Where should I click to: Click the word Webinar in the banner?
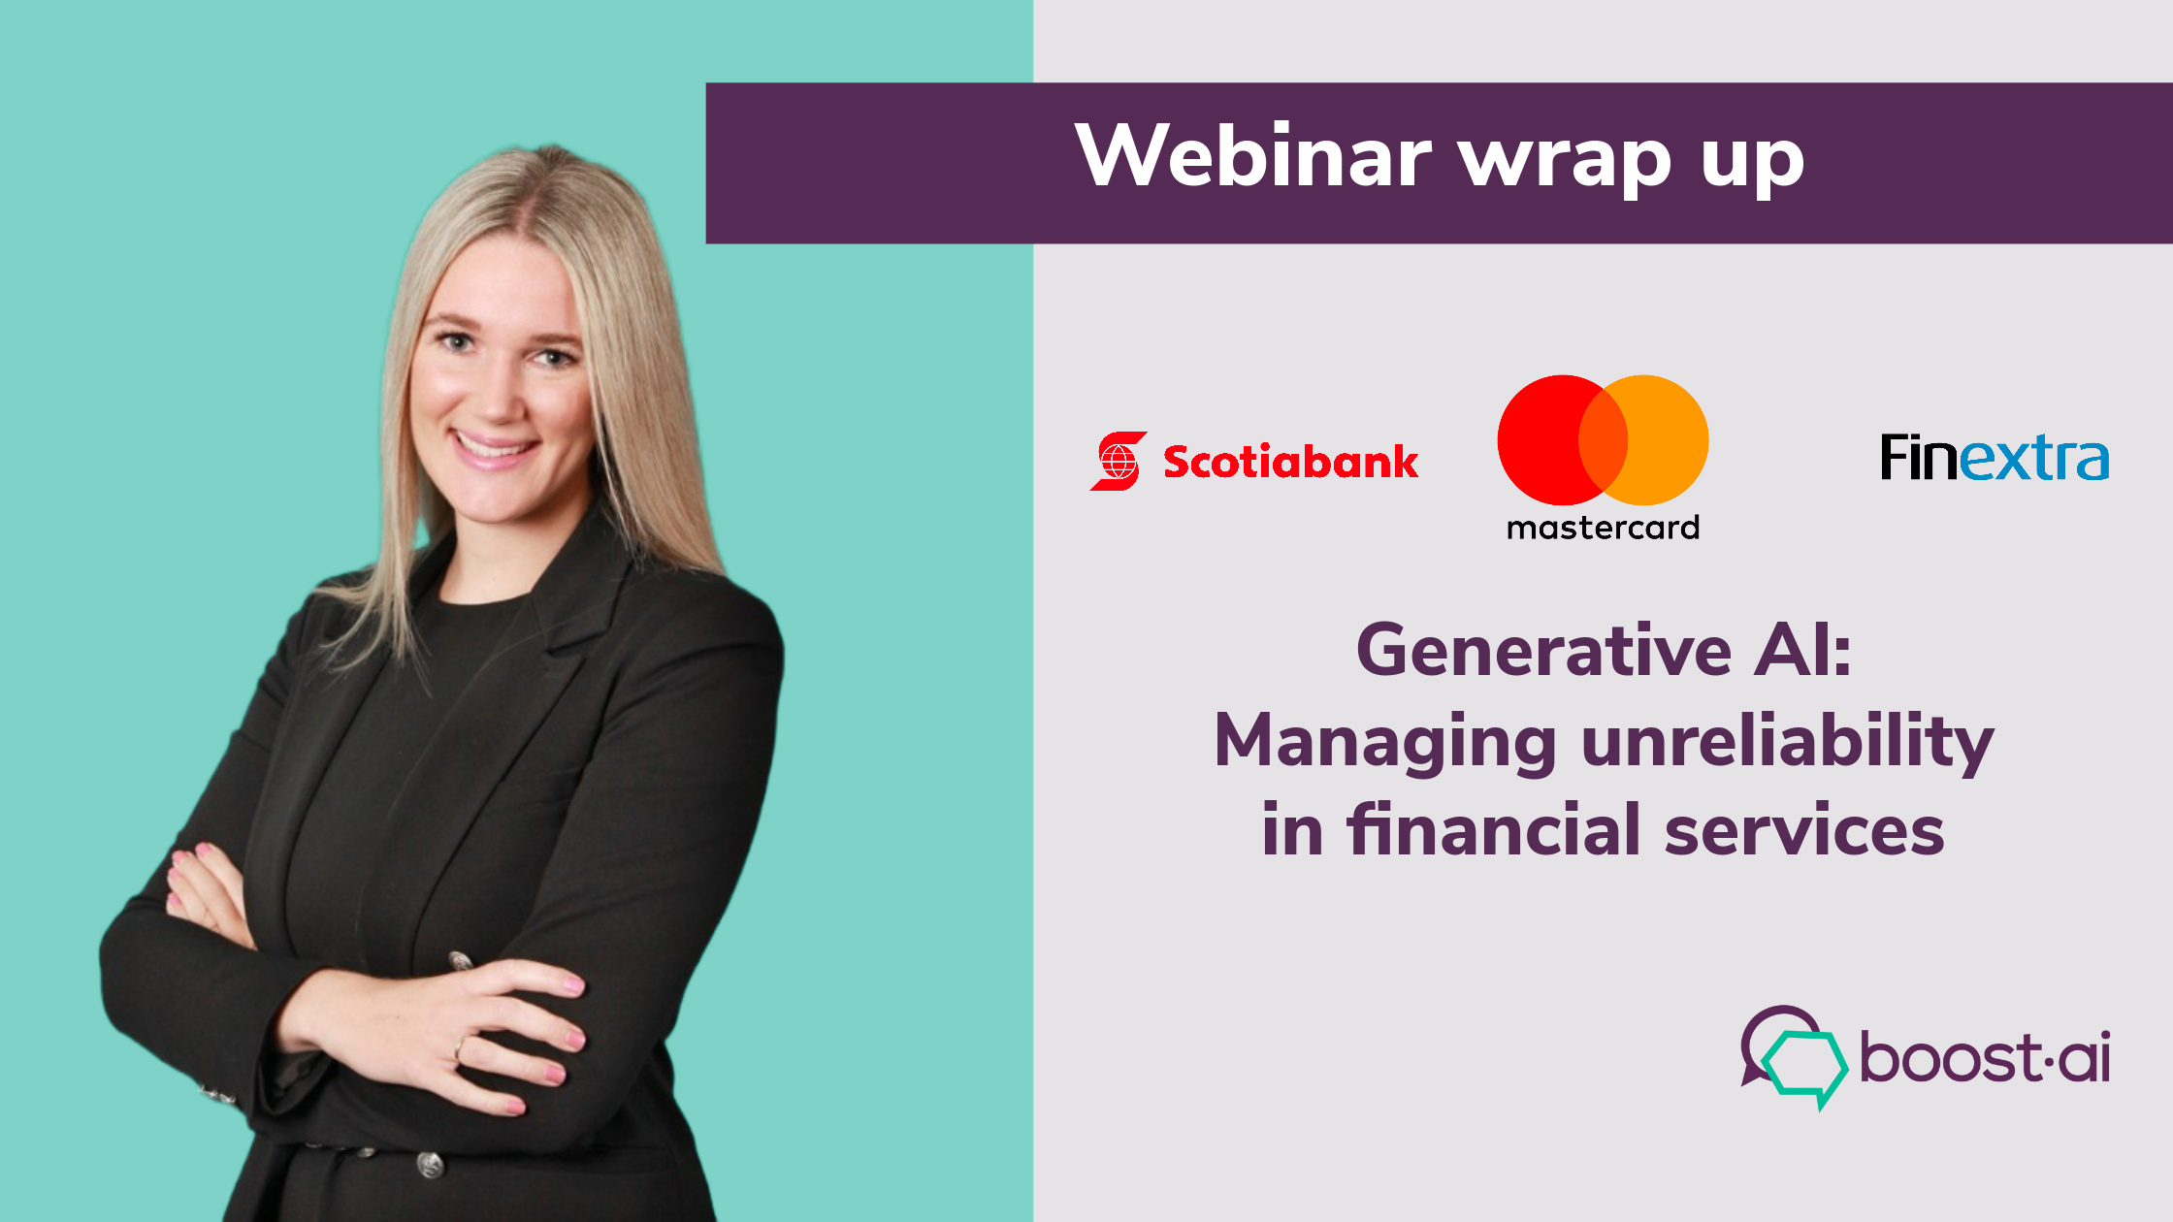point(1252,156)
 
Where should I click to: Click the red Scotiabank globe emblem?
point(1119,461)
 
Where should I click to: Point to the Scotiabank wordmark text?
point(1290,462)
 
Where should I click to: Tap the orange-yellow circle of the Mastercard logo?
point(1665,439)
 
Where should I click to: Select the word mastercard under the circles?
point(1603,528)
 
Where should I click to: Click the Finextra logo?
point(1994,458)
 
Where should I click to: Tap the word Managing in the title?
point(1385,743)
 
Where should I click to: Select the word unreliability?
point(1787,743)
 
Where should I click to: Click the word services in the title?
point(1804,832)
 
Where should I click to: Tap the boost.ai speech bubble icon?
point(1794,1057)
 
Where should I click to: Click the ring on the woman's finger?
point(460,1046)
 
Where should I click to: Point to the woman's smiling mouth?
point(494,448)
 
